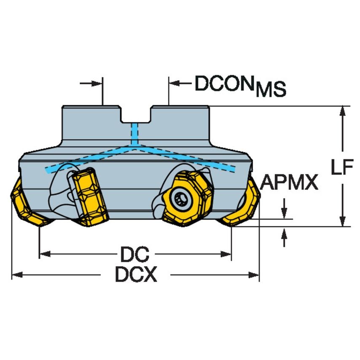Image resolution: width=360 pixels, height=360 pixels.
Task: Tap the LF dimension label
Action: pyautogui.click(x=341, y=168)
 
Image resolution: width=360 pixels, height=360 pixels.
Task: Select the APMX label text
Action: pyautogui.click(x=289, y=183)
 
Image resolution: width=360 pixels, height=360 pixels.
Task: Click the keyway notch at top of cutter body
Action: pyautogui.click(x=135, y=116)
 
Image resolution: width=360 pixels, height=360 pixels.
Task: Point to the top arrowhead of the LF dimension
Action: pyautogui.click(x=344, y=110)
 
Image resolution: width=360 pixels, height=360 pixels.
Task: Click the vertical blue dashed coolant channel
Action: pyautogui.click(x=135, y=135)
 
